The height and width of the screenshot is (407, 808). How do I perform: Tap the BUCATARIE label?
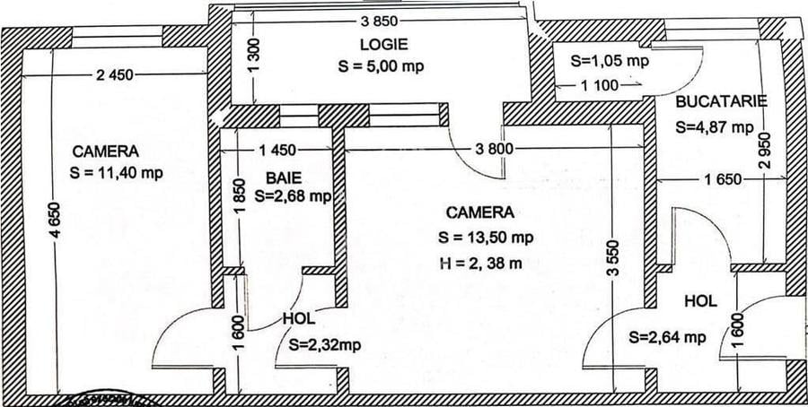722,101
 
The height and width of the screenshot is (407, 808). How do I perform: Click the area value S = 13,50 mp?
487,238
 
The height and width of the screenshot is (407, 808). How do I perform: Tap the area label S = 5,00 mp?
382,66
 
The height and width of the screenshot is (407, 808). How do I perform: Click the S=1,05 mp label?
610,61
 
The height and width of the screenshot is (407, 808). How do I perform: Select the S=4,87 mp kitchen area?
715,126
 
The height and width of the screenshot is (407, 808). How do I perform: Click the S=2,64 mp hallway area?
668,337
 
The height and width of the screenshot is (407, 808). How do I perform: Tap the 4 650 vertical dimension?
57,242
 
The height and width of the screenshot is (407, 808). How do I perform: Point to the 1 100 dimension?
601,86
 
